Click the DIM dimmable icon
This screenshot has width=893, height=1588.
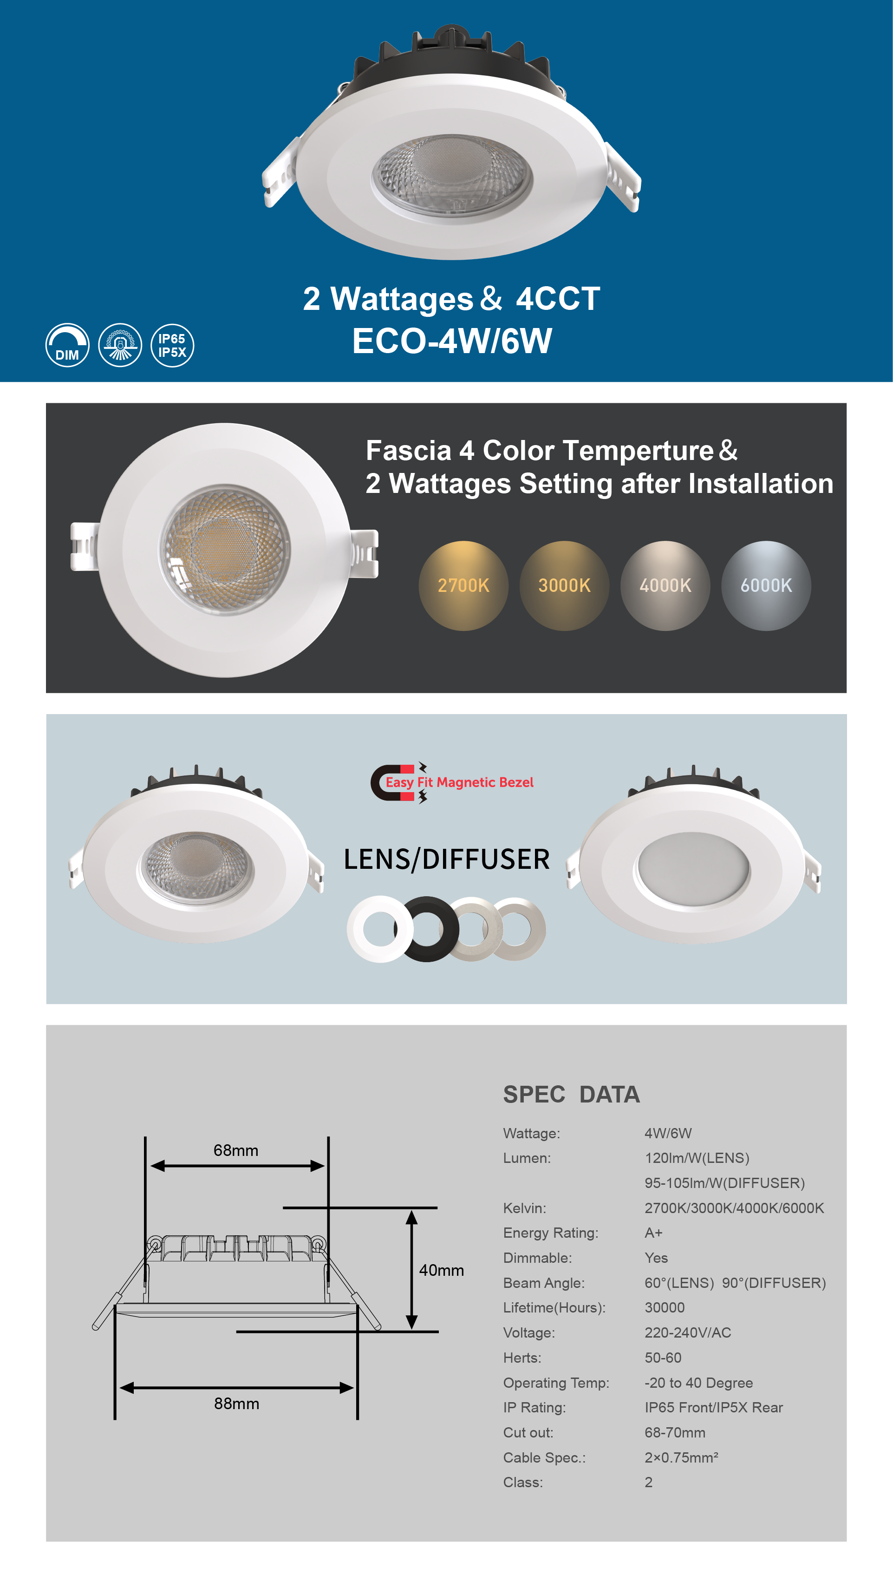(x=67, y=345)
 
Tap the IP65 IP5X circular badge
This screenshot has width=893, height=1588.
(x=172, y=345)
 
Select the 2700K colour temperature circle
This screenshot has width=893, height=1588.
(x=463, y=586)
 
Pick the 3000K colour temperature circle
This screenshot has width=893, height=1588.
(x=565, y=586)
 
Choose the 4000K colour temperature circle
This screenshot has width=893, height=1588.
(x=665, y=586)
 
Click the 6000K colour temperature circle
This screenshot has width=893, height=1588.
(x=766, y=586)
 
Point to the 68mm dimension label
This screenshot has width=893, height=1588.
(x=236, y=1150)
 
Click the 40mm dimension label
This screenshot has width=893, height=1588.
(x=441, y=1270)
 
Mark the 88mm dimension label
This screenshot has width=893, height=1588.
(x=237, y=1404)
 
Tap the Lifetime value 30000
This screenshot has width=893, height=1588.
(x=665, y=1307)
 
